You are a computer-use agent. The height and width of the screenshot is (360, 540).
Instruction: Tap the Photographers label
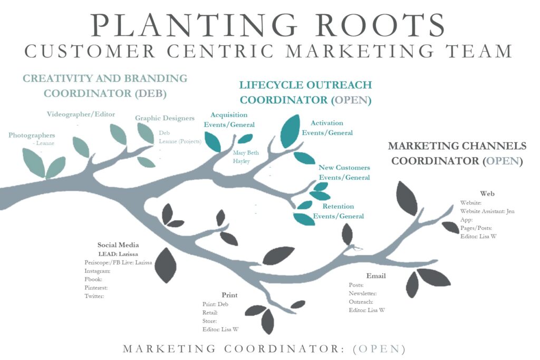[x=32, y=135]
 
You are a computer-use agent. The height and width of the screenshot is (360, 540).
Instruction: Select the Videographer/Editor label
[x=81, y=114]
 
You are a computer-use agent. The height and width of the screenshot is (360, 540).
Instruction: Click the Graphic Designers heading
[x=165, y=118]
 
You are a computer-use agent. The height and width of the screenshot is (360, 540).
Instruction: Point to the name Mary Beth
[x=246, y=153]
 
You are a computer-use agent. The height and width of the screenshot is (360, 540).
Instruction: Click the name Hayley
[x=241, y=161]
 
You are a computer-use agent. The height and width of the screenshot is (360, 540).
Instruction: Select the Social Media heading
[x=118, y=245]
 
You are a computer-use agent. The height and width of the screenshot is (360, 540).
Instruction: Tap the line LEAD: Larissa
[x=119, y=254]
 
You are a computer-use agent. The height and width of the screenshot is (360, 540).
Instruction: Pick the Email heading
[x=376, y=276]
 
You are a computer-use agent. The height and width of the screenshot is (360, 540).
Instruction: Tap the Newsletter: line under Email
[x=362, y=293]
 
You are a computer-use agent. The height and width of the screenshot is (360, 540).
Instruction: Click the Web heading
[x=487, y=193]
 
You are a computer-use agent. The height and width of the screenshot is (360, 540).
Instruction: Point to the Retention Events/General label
[x=339, y=211]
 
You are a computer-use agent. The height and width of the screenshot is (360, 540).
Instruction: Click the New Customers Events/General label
[x=344, y=172]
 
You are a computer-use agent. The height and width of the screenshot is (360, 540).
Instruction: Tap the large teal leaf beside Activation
[x=290, y=131]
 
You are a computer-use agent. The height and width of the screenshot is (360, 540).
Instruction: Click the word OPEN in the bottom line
[x=379, y=349]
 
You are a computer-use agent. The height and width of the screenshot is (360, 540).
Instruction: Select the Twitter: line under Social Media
[x=94, y=296]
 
